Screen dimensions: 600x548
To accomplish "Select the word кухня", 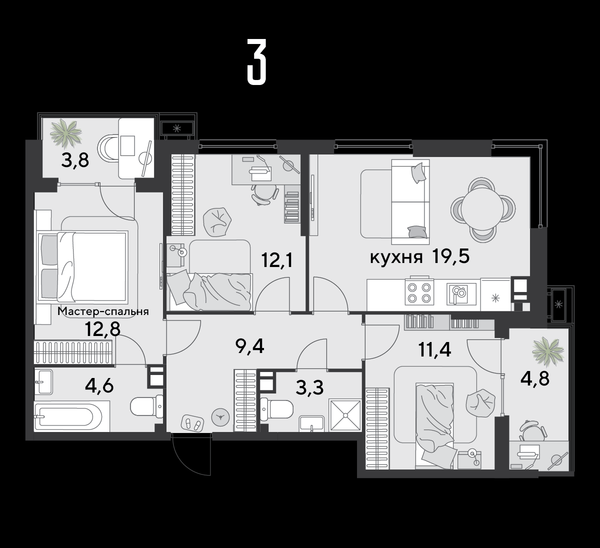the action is click(396, 257).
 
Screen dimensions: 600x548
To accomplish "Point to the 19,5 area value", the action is click(450, 256).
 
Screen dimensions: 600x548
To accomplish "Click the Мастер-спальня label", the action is click(103, 311).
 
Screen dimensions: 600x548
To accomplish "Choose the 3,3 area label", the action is click(309, 387).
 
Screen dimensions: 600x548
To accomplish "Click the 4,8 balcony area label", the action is click(535, 378).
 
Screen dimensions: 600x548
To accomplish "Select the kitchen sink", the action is click(461, 293).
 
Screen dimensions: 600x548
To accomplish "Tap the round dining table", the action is click(482, 209).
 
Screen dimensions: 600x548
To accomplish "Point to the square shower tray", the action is click(345, 415).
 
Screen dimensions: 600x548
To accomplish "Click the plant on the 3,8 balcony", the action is click(66, 133).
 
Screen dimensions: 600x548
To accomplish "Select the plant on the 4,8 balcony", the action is click(548, 351).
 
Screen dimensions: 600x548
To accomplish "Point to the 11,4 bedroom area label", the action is click(434, 349).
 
